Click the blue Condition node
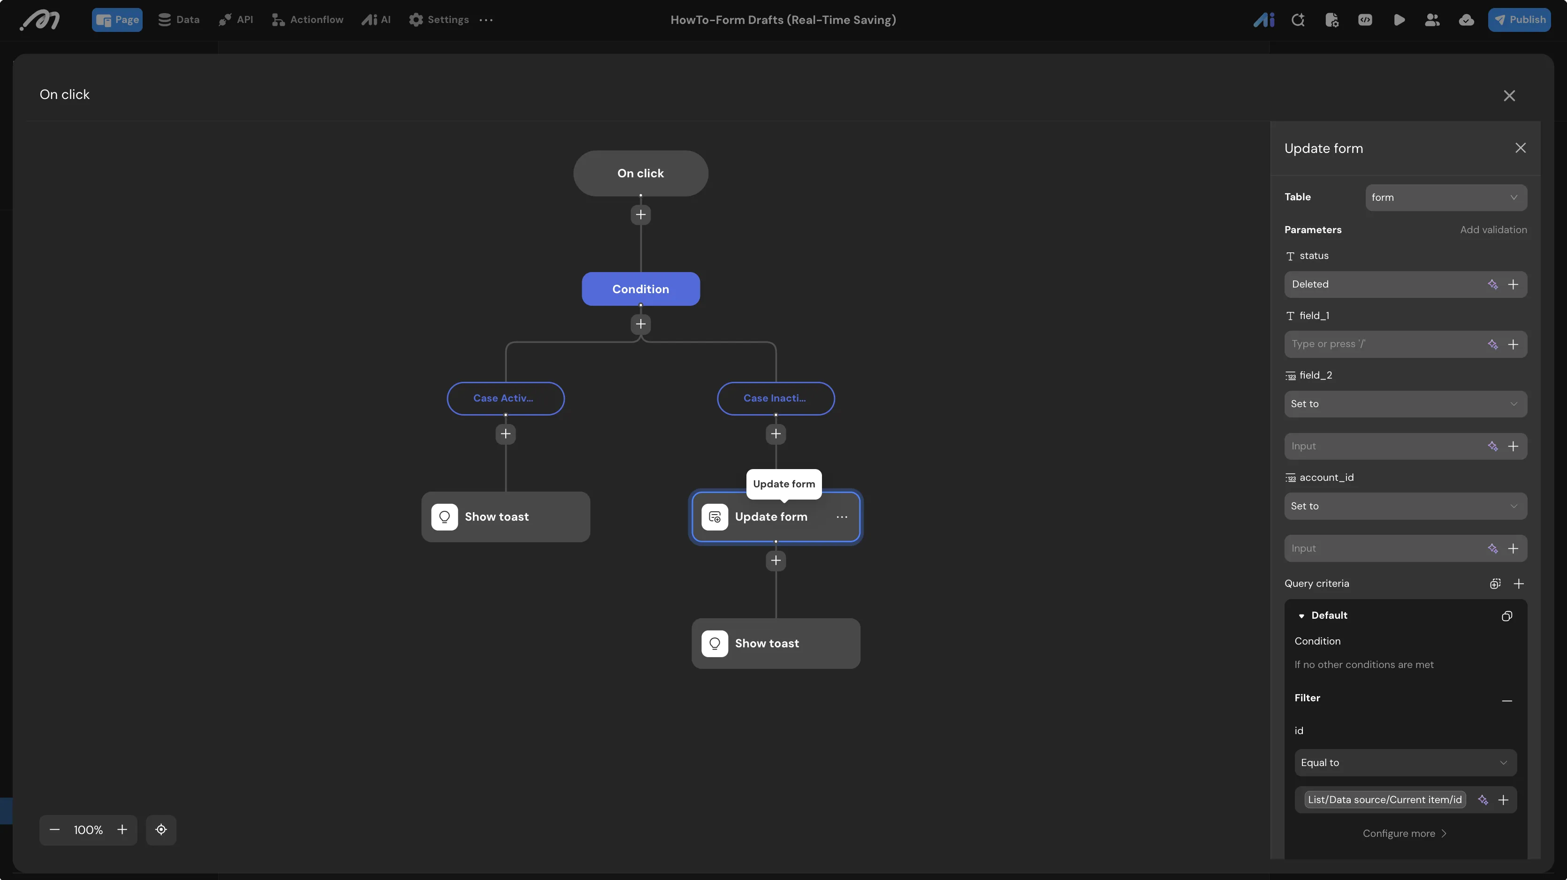click(x=640, y=289)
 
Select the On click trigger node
click(x=640, y=173)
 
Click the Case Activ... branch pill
click(x=505, y=398)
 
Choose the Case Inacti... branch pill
click(x=776, y=398)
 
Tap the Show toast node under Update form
click(x=776, y=644)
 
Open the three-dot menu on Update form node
click(x=842, y=517)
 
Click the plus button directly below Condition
click(x=640, y=324)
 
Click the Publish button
click(x=1519, y=19)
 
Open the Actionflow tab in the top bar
click(x=308, y=19)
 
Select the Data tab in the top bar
click(x=179, y=19)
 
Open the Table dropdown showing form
click(x=1446, y=197)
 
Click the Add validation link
click(x=1493, y=230)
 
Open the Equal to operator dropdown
click(x=1405, y=763)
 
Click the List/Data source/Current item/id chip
click(x=1384, y=800)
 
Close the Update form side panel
click(x=1520, y=148)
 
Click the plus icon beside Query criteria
click(x=1518, y=584)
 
